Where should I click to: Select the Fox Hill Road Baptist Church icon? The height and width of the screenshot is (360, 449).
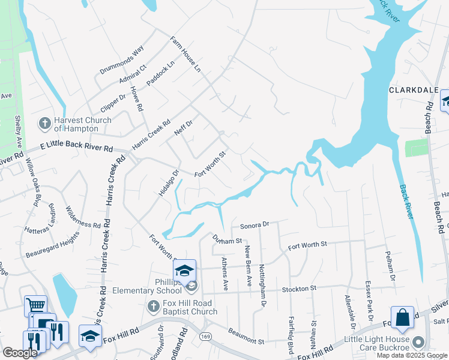[153, 307]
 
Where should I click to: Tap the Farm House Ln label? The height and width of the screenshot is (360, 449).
[184, 53]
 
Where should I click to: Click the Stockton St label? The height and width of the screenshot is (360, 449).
[300, 289]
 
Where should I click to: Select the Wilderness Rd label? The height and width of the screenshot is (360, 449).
[83, 216]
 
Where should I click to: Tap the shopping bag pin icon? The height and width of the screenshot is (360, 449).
[402, 318]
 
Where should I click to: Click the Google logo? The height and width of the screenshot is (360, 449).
[20, 353]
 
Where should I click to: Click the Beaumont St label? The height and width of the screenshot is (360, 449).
[245, 337]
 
